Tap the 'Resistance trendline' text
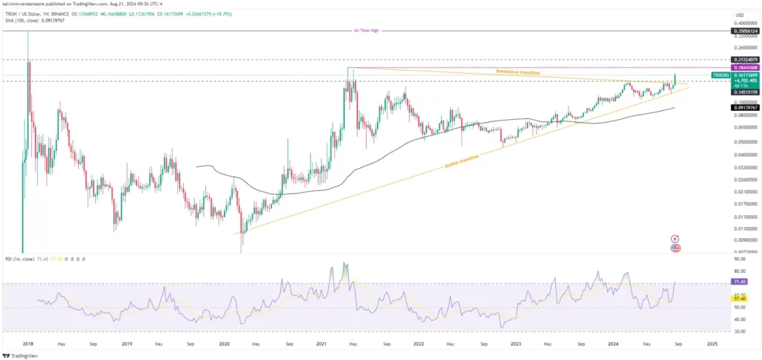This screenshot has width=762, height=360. click(518, 71)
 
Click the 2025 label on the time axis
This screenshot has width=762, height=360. click(712, 344)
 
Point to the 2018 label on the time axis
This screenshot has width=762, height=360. click(28, 344)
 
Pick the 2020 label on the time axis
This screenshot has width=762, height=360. click(225, 344)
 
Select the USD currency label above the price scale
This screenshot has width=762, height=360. click(739, 14)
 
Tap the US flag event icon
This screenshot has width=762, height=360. click(676, 247)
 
